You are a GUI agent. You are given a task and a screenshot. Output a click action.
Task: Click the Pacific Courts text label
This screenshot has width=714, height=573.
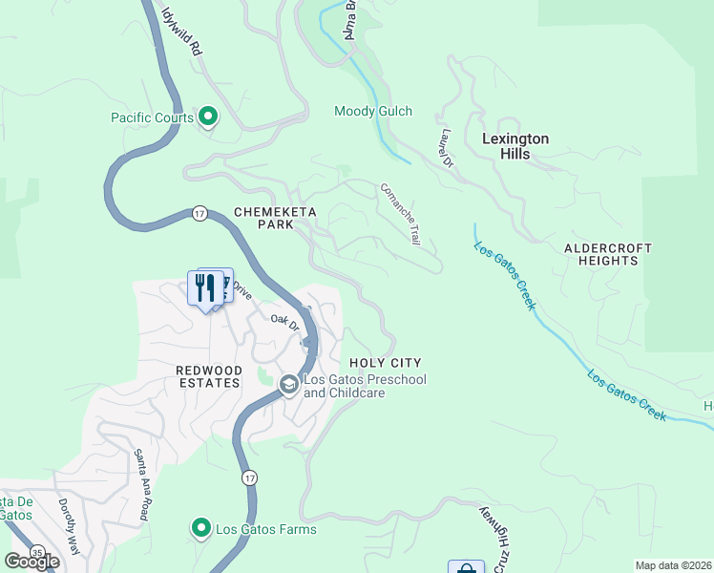[152, 118]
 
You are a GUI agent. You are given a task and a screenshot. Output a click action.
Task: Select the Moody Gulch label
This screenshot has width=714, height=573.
[373, 112]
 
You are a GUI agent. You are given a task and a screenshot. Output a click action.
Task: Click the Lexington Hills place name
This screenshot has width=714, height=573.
[515, 146]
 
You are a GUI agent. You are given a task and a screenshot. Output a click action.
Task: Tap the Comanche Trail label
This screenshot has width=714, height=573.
[401, 215]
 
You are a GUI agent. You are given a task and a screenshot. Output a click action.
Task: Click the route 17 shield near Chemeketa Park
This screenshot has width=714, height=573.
[199, 213]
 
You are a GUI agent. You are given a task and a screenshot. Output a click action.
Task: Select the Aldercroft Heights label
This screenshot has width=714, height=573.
[608, 254]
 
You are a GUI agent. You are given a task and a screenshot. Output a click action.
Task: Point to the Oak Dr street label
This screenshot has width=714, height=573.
[284, 324]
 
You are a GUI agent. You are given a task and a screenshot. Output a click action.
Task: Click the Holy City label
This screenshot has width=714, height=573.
[385, 363]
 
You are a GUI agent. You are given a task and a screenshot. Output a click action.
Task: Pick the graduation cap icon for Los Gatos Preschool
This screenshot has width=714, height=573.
[289, 384]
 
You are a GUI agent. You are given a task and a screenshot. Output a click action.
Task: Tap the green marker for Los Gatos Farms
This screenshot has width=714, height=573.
[200, 527]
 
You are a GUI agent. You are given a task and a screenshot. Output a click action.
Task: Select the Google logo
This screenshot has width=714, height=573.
[32, 562]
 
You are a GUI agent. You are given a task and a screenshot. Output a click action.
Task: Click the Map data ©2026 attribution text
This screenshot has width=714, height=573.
[673, 565]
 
